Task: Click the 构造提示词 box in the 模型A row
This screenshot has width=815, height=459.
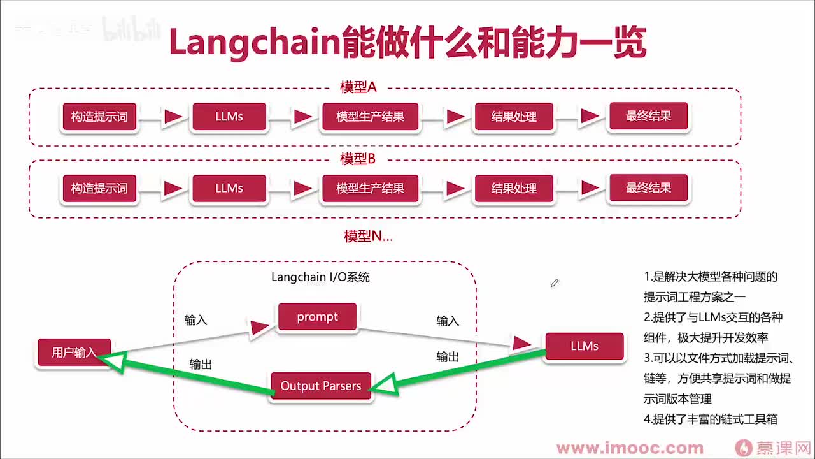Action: click(99, 117)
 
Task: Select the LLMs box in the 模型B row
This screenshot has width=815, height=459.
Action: click(229, 189)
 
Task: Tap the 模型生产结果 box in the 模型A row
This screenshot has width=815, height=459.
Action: click(370, 117)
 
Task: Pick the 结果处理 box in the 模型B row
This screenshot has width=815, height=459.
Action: click(514, 189)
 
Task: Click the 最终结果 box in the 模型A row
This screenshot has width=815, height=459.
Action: click(648, 117)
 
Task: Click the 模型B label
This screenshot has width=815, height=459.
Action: click(358, 159)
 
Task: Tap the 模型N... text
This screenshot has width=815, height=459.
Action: click(368, 237)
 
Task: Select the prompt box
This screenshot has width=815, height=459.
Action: click(317, 317)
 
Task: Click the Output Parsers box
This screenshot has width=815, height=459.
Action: click(321, 386)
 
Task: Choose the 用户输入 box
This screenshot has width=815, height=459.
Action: click(74, 353)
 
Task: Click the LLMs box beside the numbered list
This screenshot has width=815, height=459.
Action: click(584, 346)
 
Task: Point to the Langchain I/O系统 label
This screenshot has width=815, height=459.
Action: click(320, 277)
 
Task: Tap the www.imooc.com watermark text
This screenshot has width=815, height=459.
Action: click(630, 448)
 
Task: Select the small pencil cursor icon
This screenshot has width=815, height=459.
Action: click(555, 282)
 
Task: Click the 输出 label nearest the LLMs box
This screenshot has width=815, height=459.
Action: click(448, 357)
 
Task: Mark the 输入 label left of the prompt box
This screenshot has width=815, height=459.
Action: click(196, 320)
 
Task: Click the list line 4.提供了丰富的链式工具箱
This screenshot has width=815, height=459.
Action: click(710, 419)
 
